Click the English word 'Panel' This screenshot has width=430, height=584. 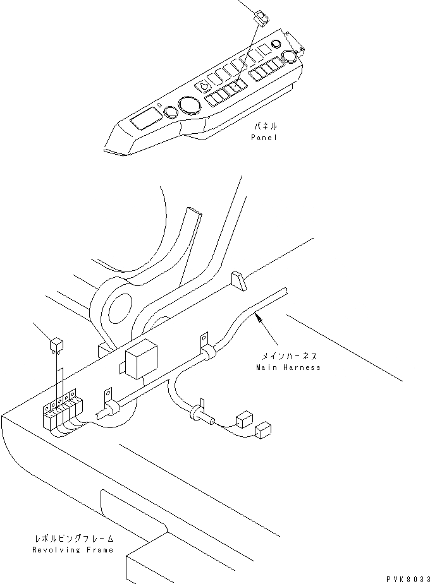coord(264,138)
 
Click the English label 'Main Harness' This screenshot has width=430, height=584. coord(288,367)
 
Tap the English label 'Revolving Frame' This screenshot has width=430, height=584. coord(73,550)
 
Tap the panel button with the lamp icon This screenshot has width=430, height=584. coord(205,87)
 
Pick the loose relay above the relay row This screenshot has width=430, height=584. coord(56,345)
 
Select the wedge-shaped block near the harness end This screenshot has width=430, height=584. coord(238,281)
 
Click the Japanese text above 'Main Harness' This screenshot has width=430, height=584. coord(288,357)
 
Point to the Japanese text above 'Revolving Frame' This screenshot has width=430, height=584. coord(73,539)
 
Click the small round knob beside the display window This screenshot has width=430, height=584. coord(171,112)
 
